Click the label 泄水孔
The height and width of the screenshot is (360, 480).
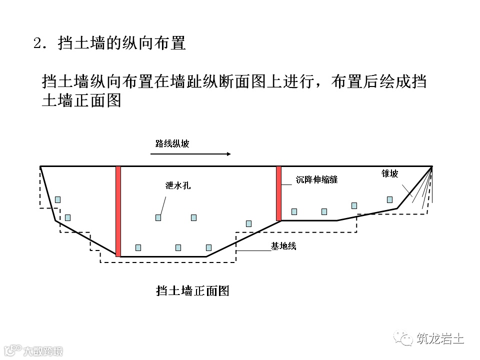[x=178, y=185]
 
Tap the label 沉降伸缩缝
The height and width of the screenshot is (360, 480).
[x=316, y=179]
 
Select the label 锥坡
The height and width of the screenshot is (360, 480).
[x=390, y=173]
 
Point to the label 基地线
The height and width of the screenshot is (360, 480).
[x=283, y=246]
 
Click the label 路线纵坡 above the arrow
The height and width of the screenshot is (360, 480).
[x=172, y=144]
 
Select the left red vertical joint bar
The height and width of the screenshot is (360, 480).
[x=118, y=211]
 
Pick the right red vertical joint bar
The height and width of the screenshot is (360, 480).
[x=278, y=193]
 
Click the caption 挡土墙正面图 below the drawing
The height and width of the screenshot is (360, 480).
[x=192, y=290]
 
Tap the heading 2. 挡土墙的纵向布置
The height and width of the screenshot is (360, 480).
[x=109, y=43]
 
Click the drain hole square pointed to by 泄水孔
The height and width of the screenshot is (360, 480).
[x=158, y=217]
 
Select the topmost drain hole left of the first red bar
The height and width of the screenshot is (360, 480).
[x=57, y=199]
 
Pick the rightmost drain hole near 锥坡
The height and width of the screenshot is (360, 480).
[x=389, y=199]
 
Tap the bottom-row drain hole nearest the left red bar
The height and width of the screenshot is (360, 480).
[x=138, y=247]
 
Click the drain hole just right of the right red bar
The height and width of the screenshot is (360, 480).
[x=294, y=211]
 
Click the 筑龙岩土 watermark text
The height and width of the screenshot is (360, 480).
[x=440, y=339]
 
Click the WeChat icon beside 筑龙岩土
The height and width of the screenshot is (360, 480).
[x=403, y=339]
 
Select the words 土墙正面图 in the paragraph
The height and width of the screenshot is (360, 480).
[x=82, y=100]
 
